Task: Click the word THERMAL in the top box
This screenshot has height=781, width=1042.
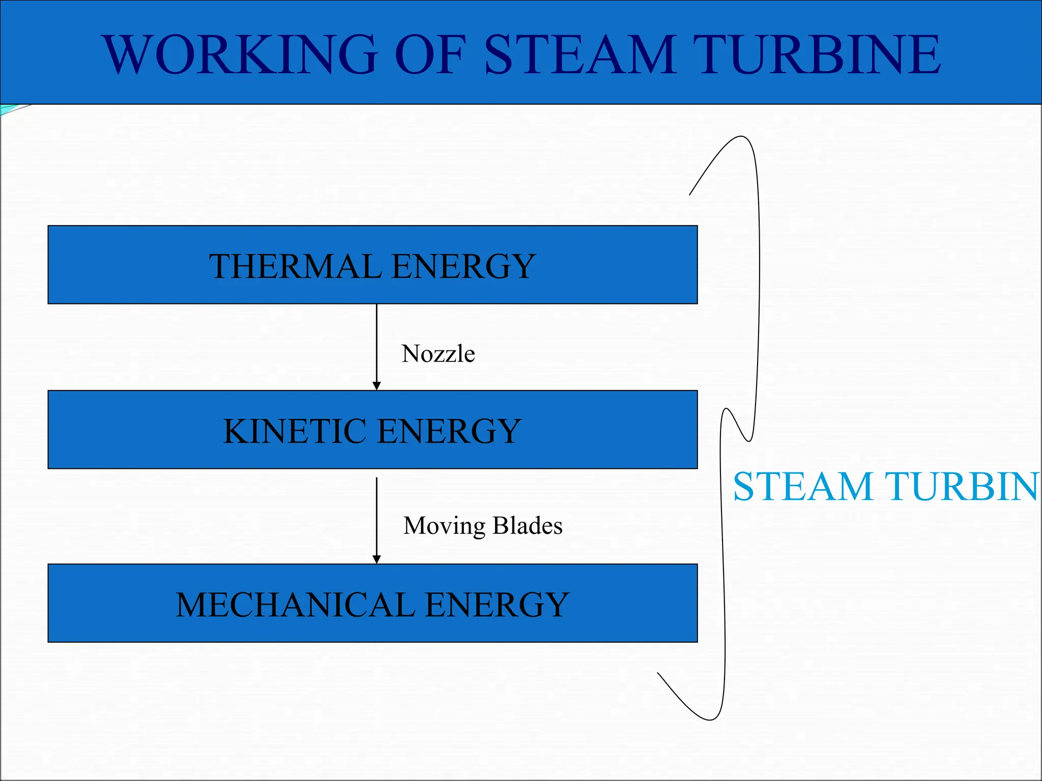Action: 295,266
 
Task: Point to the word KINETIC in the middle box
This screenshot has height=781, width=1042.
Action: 295,431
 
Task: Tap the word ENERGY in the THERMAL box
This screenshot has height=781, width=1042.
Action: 464,266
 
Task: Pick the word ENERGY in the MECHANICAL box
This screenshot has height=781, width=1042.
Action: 497,605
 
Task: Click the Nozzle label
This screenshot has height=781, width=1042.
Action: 438,353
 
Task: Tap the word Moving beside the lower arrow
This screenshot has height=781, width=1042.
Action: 444,526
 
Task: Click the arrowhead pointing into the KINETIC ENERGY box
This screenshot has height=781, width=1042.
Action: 377,386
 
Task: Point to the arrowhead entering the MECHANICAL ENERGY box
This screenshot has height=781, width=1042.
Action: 377,559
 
